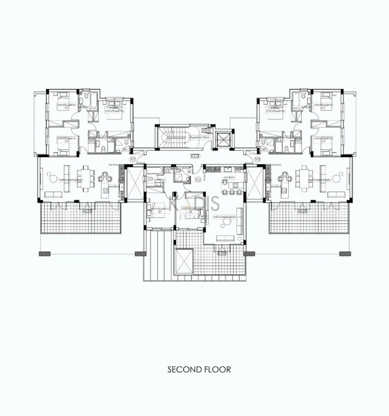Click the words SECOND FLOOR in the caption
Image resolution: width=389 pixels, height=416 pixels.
click(x=199, y=369)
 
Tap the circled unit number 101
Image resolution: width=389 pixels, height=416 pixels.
click(x=132, y=159)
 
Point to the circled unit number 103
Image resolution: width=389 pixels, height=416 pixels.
click(x=257, y=159)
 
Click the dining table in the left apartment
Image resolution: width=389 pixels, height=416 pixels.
click(x=86, y=178)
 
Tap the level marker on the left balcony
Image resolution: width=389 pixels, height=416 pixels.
click(x=87, y=211)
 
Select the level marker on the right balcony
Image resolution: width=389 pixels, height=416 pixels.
click(x=303, y=211)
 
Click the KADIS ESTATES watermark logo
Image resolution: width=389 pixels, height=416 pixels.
click(x=194, y=206)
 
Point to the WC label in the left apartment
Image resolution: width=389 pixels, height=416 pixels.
click(x=126, y=149)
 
